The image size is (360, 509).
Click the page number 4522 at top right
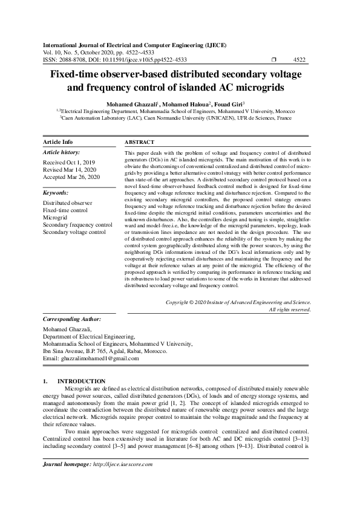click(x=299, y=60)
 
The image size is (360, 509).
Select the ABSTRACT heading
click(x=139, y=142)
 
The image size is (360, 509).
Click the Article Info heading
click(x=58, y=141)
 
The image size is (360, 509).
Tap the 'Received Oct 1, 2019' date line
click(x=69, y=163)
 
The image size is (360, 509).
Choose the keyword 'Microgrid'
click(x=55, y=217)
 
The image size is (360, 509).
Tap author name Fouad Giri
click(x=229, y=104)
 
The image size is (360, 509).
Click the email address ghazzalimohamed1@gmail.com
click(x=99, y=358)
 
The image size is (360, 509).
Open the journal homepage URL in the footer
click(x=122, y=464)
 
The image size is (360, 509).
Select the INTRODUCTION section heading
click(x=81, y=381)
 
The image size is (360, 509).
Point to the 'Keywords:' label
click(x=56, y=192)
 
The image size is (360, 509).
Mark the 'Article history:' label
click(x=61, y=152)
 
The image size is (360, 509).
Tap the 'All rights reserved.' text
click(x=290, y=309)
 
